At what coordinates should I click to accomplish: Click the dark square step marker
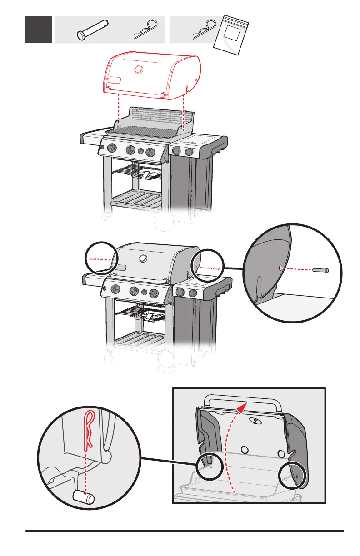click(38, 30)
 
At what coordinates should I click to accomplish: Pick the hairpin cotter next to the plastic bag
click(204, 28)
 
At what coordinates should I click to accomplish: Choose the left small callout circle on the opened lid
click(210, 464)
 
